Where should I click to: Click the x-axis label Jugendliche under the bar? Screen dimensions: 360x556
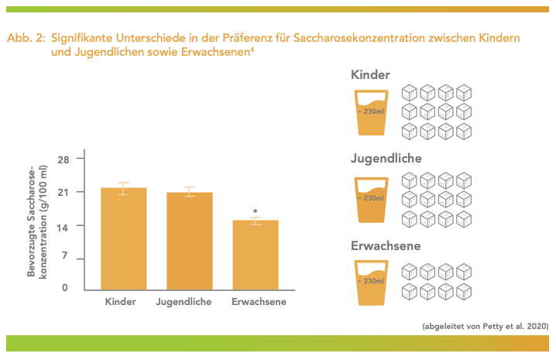tap(184, 302)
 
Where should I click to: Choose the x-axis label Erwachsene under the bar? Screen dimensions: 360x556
tap(259, 302)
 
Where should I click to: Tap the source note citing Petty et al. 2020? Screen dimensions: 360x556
tap(485, 326)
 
